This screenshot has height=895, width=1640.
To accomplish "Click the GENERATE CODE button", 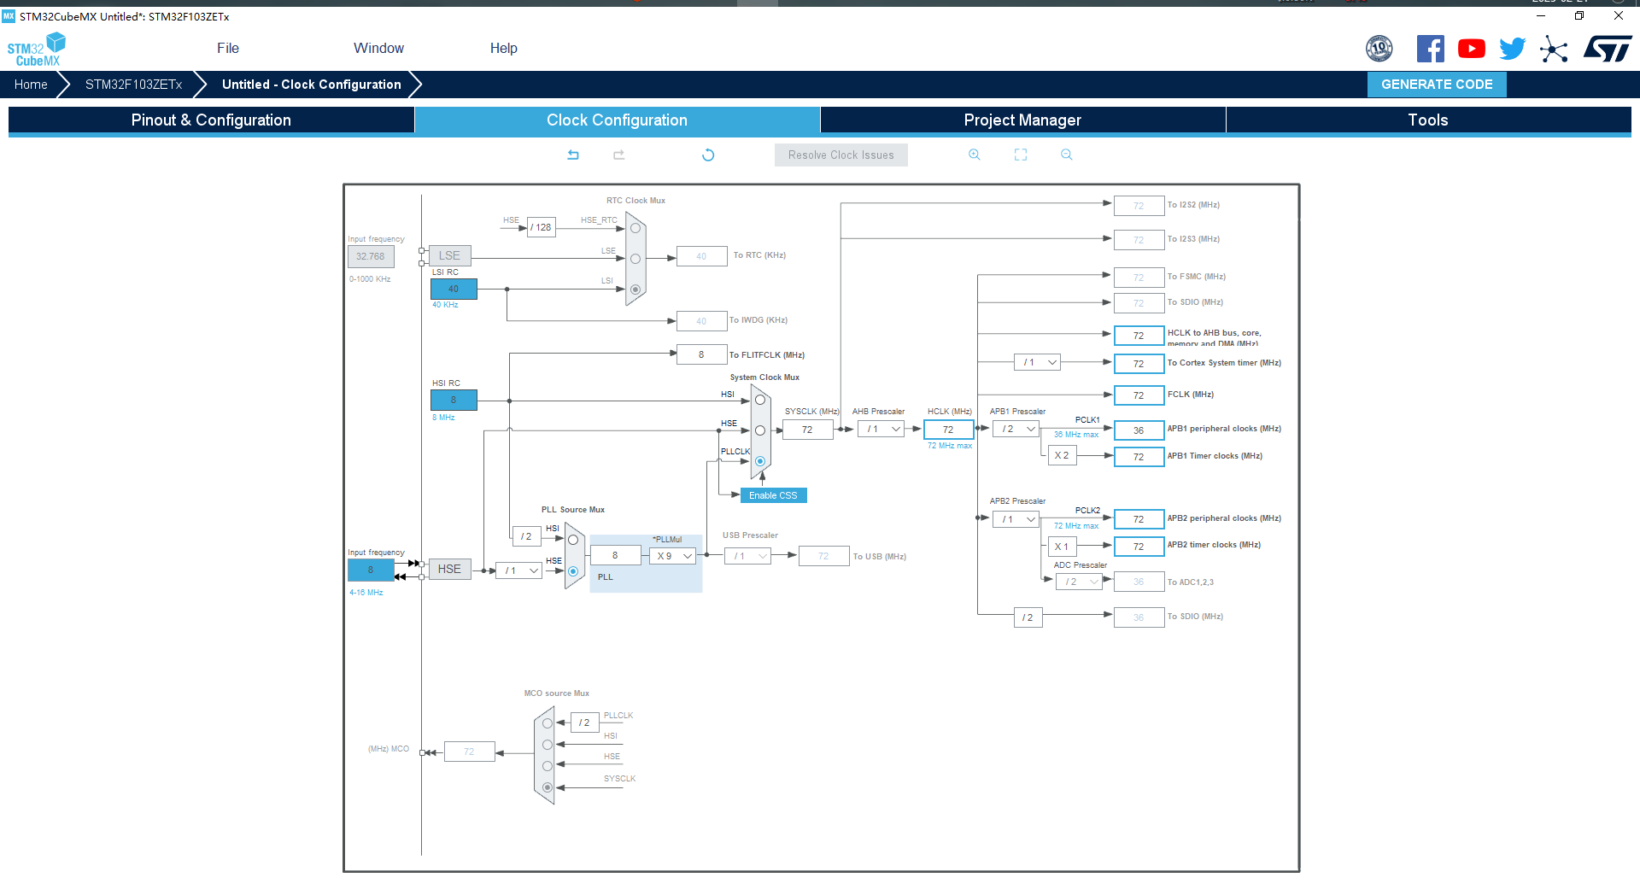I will click(1436, 85).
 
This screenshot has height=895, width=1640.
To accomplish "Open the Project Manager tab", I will click(1022, 120).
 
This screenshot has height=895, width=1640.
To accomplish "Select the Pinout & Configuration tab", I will click(211, 120).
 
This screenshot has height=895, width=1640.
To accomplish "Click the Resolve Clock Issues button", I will click(840, 155).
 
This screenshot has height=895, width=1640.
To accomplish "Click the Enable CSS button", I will click(773, 495).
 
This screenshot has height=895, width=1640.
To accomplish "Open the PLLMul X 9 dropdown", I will click(673, 556).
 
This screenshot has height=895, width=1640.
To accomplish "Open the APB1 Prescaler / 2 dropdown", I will click(1017, 430).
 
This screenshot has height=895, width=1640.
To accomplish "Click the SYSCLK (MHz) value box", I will click(807, 430).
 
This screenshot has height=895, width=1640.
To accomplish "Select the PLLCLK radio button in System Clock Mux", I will click(760, 461).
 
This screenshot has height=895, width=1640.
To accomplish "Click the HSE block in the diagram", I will click(449, 569).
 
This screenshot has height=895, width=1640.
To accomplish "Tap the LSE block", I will click(449, 255).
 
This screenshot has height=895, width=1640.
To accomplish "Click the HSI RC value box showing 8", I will click(454, 400).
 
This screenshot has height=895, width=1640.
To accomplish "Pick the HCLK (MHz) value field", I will click(948, 430).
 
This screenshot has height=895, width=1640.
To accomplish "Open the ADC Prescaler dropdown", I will click(1079, 582).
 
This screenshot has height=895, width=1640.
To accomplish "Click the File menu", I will click(228, 49).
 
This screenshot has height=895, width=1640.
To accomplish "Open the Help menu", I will click(503, 49).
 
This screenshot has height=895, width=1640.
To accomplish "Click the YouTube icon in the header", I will click(1471, 49).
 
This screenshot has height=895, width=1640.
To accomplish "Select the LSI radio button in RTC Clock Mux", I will click(635, 290).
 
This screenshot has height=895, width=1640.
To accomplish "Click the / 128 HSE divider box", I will click(542, 227).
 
